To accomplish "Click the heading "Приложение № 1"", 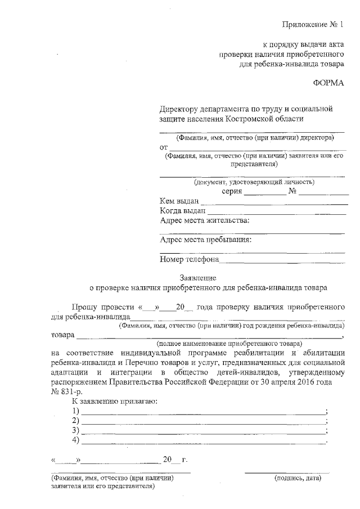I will pos(313,24).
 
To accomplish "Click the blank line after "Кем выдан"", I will pos(274,202).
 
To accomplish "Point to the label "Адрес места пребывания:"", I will pos(206,240).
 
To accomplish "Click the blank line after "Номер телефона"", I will pos(282,262).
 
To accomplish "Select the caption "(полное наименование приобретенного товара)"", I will pos(229,343).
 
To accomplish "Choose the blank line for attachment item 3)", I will pos(202,433).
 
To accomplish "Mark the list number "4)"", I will pos(75,440).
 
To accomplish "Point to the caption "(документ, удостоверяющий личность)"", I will pos(254,182).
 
